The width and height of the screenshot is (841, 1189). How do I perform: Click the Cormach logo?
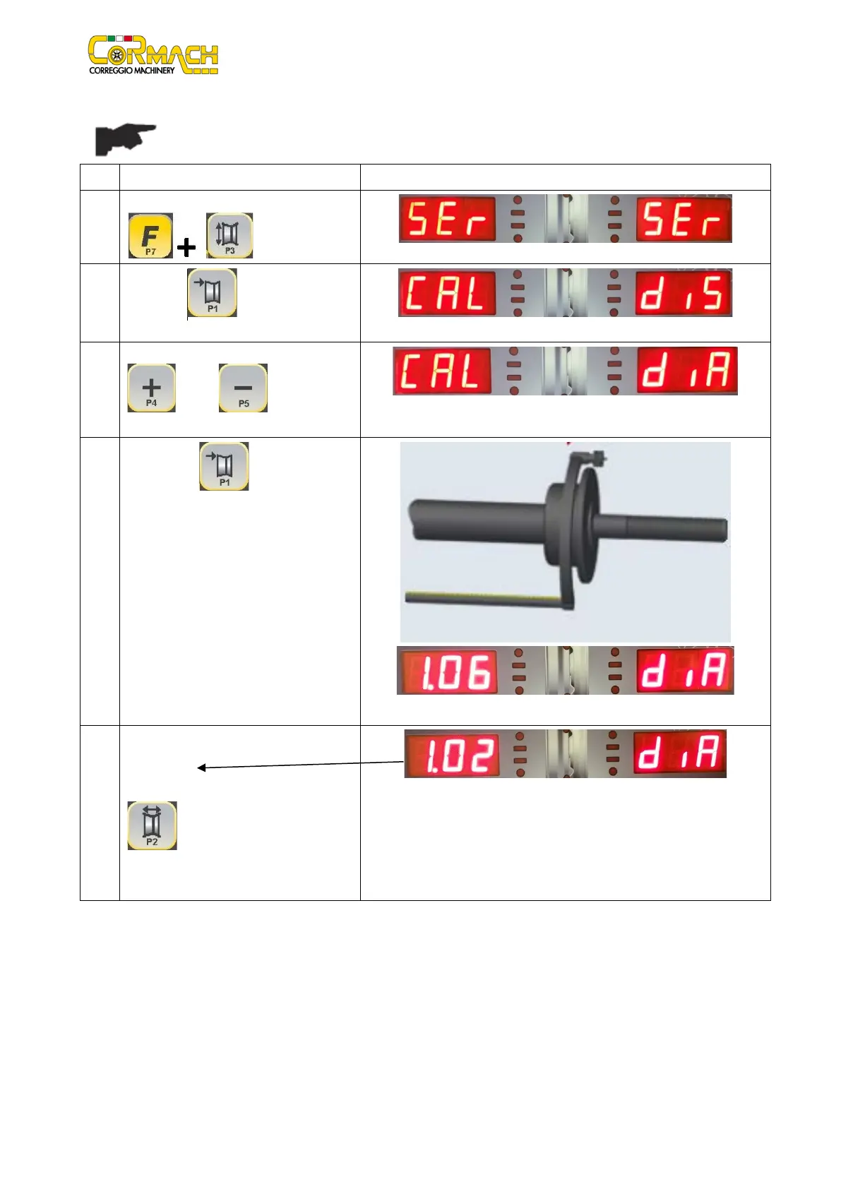click(x=153, y=54)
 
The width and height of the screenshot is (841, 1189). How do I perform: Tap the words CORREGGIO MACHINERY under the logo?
click(x=131, y=71)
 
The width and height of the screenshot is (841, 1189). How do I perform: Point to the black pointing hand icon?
click(x=125, y=139)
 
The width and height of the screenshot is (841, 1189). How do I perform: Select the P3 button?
click(x=229, y=235)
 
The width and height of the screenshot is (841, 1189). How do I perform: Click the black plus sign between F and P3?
click(x=186, y=247)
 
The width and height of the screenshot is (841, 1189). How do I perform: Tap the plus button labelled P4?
click(x=151, y=388)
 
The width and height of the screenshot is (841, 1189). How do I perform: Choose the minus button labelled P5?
click(x=243, y=388)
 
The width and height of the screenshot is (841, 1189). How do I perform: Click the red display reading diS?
click(x=684, y=293)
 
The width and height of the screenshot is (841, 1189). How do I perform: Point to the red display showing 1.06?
click(x=448, y=671)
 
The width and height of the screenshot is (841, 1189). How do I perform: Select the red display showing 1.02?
click(x=452, y=754)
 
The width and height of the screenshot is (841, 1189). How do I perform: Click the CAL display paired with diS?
click(x=446, y=293)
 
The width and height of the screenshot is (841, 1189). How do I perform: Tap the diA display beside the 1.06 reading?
click(x=685, y=671)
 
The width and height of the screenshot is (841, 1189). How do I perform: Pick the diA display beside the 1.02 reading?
click(x=679, y=753)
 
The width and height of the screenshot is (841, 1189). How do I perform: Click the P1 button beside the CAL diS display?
click(x=212, y=292)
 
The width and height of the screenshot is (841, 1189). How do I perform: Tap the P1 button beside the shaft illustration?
click(x=224, y=466)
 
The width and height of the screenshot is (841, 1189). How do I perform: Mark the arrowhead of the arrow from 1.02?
click(x=200, y=767)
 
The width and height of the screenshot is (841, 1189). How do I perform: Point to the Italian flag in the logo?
click(x=124, y=37)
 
